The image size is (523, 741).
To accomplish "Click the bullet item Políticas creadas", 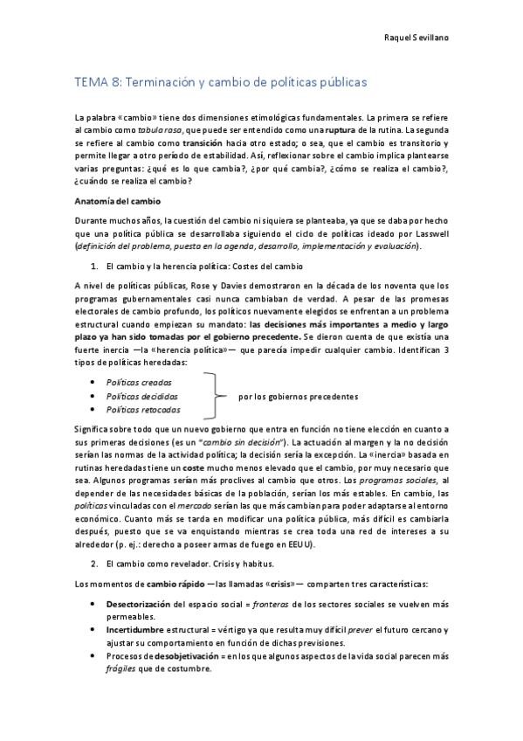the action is (139, 382).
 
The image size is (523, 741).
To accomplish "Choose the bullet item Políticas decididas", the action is (142, 395).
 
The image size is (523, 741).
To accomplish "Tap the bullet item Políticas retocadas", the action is (143, 409).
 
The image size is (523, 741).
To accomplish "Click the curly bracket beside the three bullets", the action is (213, 395).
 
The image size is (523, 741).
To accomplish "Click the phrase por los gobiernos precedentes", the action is (298, 396).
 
